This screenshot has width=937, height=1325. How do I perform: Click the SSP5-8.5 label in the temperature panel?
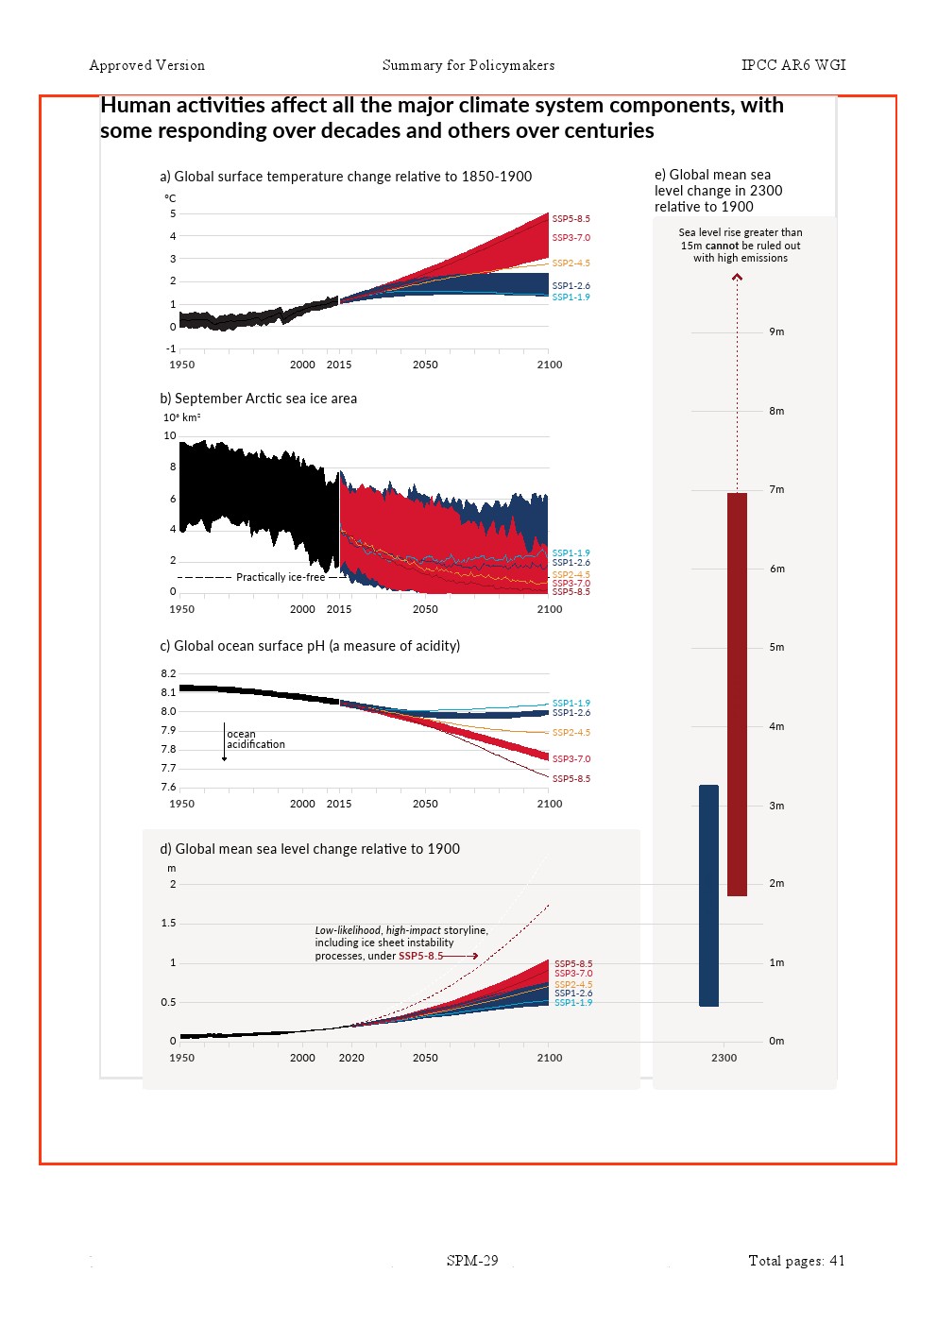tap(571, 219)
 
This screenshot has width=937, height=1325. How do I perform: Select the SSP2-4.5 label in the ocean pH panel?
tap(571, 733)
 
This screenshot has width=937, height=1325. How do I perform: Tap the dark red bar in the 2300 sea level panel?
tap(737, 694)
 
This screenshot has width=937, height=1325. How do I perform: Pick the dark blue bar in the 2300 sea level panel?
tap(708, 895)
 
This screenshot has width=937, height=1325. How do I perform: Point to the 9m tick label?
tap(776, 332)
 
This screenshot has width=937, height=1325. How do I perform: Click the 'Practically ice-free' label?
tap(280, 577)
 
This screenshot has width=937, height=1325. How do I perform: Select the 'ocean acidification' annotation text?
tap(255, 739)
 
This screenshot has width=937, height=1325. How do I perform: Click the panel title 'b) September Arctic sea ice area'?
tap(258, 399)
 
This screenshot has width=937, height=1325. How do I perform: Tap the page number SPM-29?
tap(472, 1261)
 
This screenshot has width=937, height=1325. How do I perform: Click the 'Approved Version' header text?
tap(146, 65)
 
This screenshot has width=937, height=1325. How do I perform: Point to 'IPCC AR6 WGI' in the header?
tap(793, 65)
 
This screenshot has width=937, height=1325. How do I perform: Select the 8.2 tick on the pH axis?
tap(168, 674)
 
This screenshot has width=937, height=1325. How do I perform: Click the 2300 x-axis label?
tap(724, 1058)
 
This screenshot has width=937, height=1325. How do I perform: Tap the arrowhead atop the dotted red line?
tap(737, 277)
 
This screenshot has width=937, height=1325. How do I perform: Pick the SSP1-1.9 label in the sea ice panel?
tap(571, 553)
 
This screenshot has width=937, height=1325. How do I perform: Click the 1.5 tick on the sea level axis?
tap(168, 924)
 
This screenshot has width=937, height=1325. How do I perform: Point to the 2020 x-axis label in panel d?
tap(351, 1058)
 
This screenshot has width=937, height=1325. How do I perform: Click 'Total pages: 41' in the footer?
tap(796, 1261)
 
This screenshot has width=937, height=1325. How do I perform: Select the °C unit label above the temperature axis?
tap(170, 198)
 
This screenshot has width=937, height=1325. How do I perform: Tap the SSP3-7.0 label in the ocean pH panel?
tap(571, 759)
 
